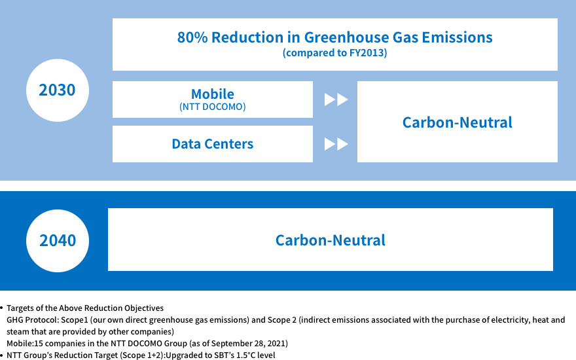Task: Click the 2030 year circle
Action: (58, 90)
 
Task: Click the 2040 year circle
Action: (58, 241)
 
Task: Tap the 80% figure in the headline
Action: (192, 37)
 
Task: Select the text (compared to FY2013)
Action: (334, 53)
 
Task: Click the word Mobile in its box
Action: (212, 94)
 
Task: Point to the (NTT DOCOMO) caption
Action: (212, 107)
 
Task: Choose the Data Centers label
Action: (212, 143)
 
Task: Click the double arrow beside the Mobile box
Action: (336, 99)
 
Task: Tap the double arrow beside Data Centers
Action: (336, 144)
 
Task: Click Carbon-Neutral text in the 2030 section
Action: (458, 122)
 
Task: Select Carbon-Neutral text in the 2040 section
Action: (331, 240)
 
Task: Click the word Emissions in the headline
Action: (457, 37)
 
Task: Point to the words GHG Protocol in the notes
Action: (32, 320)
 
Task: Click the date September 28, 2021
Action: (248, 344)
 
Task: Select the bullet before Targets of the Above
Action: (1, 308)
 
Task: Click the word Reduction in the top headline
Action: (247, 37)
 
